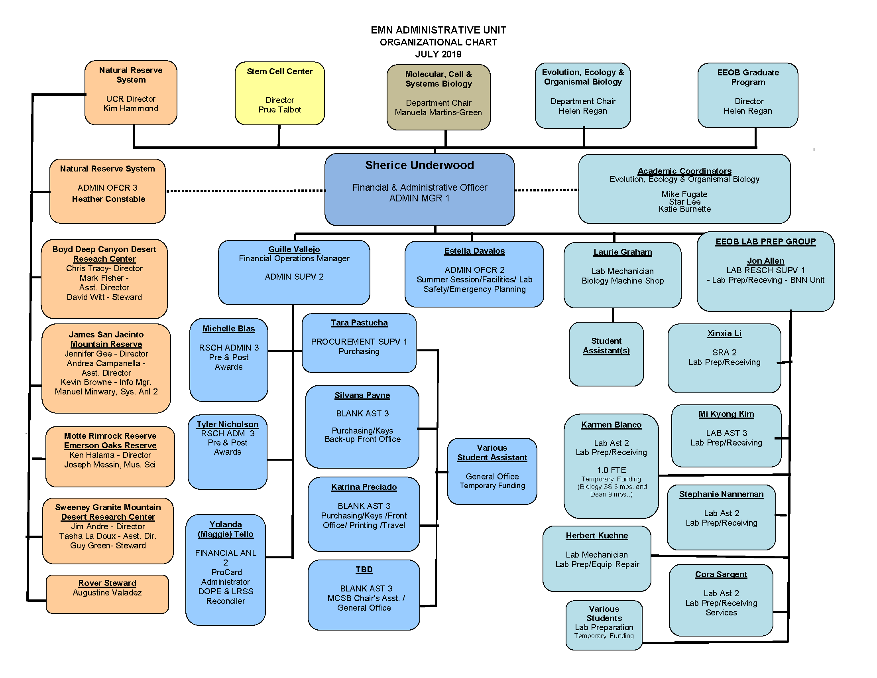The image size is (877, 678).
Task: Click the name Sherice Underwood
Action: [419, 165]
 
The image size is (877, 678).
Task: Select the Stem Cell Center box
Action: [279, 93]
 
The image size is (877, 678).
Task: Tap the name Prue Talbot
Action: [279, 110]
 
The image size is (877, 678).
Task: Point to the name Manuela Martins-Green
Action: [438, 112]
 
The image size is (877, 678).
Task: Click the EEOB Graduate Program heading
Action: [748, 77]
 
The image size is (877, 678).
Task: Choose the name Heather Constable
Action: [108, 199]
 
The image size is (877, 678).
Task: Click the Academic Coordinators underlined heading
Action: [684, 171]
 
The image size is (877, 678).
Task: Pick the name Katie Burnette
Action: [684, 209]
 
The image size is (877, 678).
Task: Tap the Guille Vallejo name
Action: [294, 249]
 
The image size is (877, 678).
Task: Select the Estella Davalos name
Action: [474, 250]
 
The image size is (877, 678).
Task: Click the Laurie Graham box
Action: [622, 275]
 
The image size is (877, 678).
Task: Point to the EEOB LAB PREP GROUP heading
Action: [765, 241]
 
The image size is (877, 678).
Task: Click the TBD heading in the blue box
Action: [364, 570]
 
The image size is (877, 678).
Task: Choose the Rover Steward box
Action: [107, 594]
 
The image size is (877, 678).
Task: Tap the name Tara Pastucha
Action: [359, 323]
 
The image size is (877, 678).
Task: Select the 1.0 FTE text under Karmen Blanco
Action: [611, 470]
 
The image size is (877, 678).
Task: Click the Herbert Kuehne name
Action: [597, 535]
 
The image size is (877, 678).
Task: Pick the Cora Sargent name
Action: [721, 574]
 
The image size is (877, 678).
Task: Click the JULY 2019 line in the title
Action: [438, 54]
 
